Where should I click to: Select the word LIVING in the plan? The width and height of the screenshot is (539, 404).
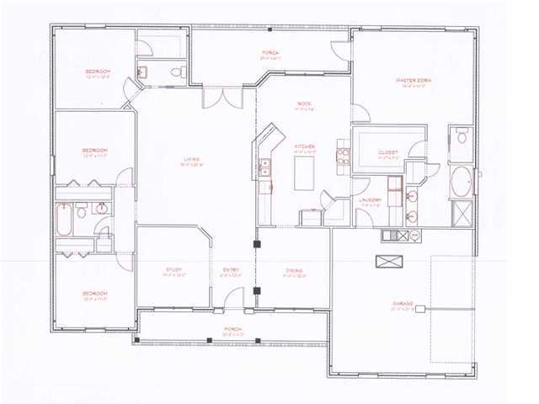pos(191,160)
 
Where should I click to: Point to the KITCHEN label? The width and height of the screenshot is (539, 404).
pos(304,146)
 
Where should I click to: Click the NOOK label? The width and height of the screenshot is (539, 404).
pos(304,104)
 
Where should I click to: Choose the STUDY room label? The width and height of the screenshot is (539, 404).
pos(173,270)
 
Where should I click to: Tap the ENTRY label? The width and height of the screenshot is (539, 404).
pos(231,270)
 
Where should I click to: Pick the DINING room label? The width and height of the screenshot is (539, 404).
pos(293,270)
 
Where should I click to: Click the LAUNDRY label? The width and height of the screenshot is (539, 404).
pos(371,200)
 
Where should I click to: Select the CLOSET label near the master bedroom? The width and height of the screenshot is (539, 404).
pos(388,153)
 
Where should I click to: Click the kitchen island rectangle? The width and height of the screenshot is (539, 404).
pos(303,174)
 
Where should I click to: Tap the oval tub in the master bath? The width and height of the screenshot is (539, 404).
pos(462,181)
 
